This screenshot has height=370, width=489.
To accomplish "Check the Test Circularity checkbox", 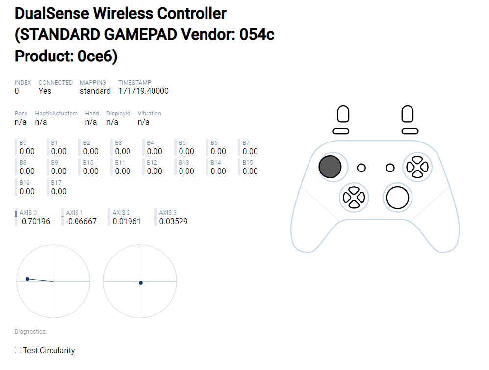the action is (x=18, y=350).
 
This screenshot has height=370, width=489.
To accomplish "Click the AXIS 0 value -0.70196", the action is (x=34, y=221).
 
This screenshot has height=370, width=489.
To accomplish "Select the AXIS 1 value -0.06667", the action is (x=81, y=221).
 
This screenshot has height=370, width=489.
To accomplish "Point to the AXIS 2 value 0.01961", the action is (x=127, y=221).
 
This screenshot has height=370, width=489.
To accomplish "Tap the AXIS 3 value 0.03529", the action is (x=173, y=221).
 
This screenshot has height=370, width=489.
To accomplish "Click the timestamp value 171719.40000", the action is (x=143, y=91).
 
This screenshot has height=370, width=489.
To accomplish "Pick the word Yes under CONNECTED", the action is (x=45, y=91).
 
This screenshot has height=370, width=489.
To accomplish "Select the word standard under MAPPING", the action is (x=95, y=91).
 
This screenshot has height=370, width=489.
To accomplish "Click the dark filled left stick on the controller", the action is (x=330, y=167).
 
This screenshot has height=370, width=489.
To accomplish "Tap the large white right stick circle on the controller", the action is (x=397, y=197).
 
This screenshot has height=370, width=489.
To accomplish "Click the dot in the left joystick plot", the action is (x=27, y=279).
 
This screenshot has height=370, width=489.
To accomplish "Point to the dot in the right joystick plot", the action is (x=141, y=283).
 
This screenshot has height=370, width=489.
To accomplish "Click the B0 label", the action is (x=23, y=143).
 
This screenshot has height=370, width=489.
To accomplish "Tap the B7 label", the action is (x=246, y=143).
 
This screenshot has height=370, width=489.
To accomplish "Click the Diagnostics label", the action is (x=30, y=332).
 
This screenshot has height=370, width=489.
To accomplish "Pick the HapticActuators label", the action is (x=56, y=114).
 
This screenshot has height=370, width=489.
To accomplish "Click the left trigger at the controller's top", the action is (x=343, y=114).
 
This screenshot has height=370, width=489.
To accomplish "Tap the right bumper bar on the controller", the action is (x=410, y=131).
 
